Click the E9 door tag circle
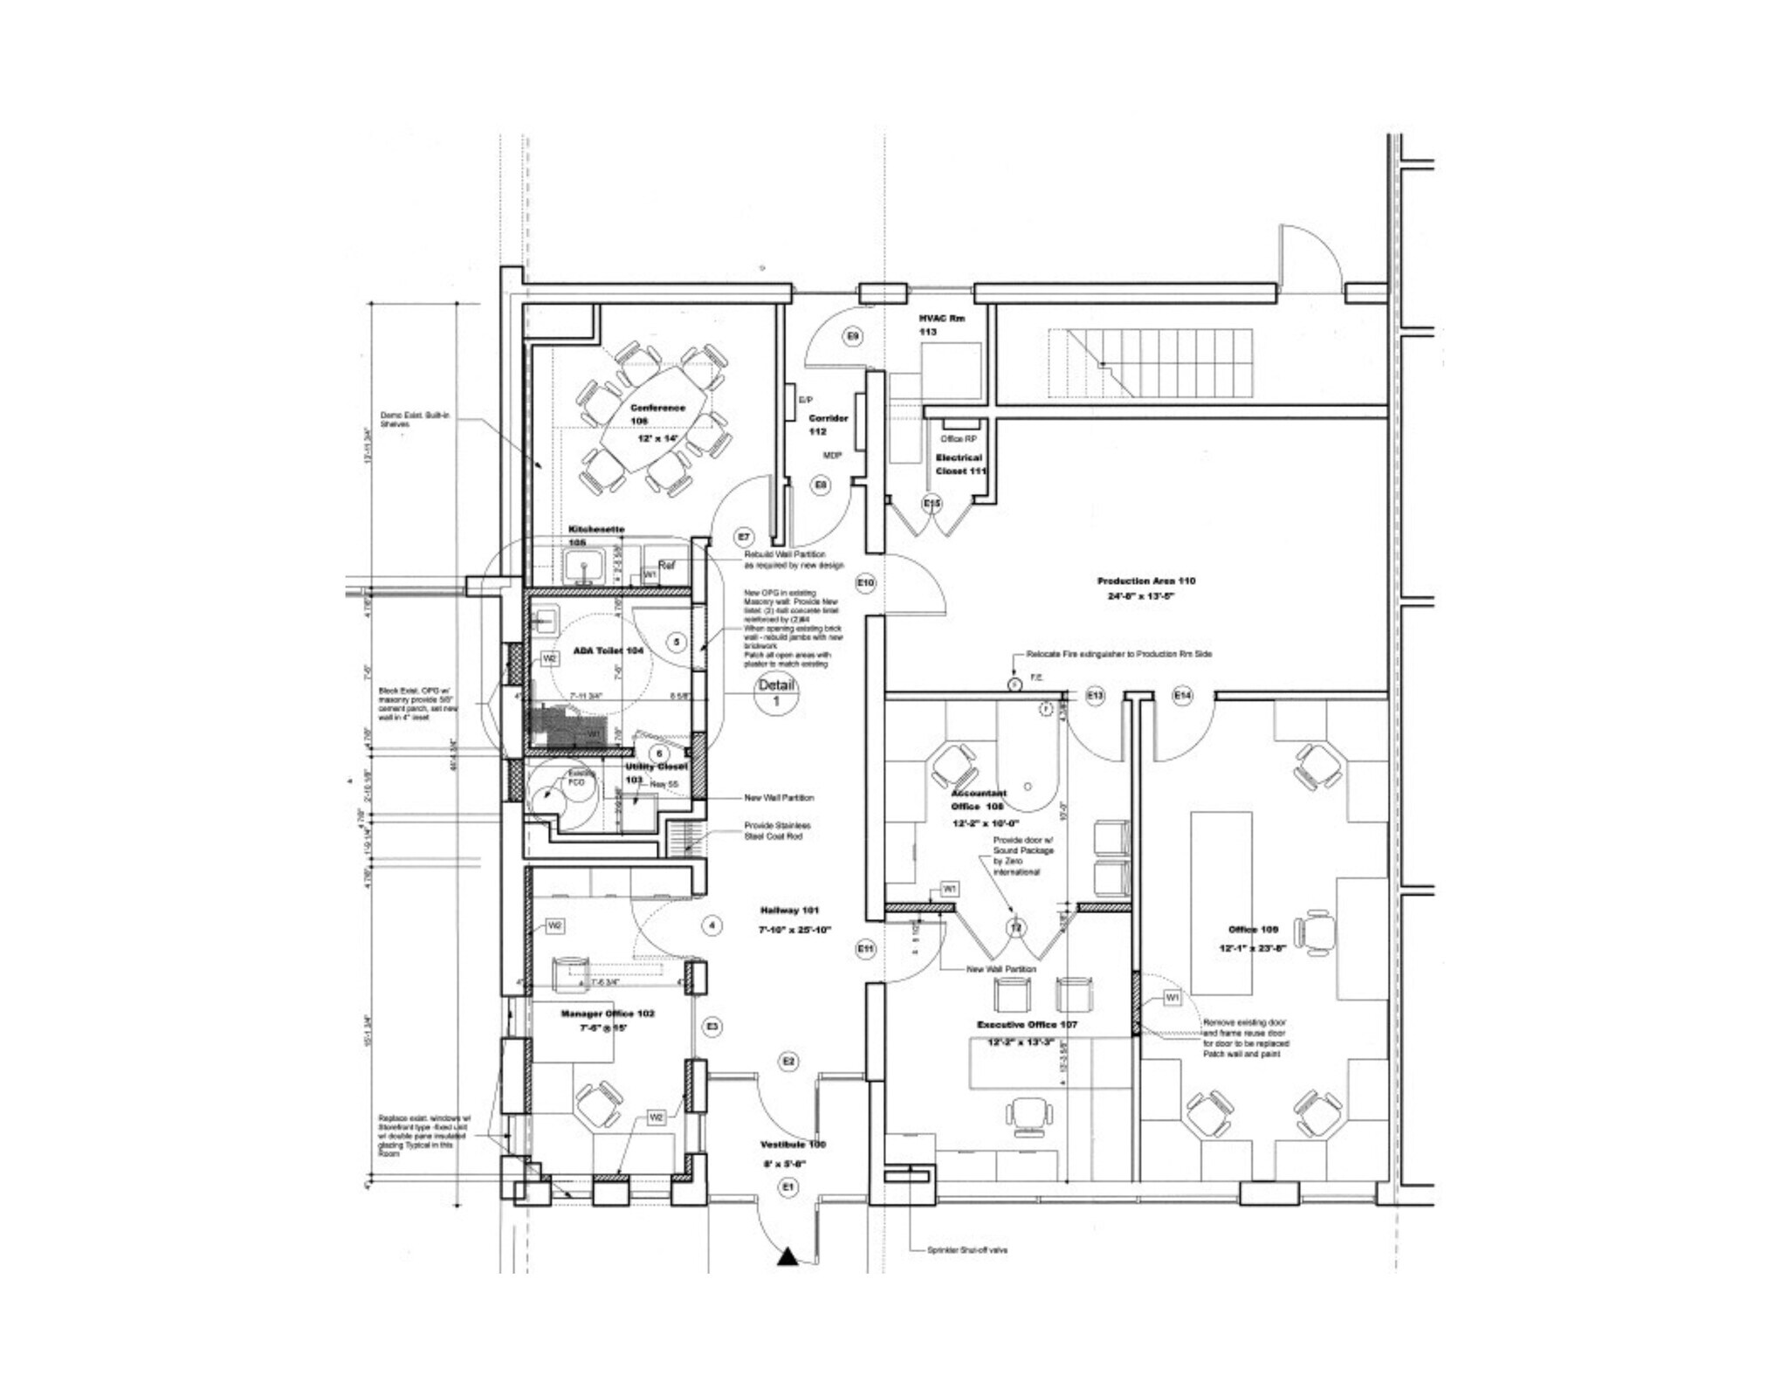coord(853,336)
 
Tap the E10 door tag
coord(865,582)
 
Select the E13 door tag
coord(1095,695)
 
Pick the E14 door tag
coord(1182,695)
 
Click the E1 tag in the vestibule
coord(788,1186)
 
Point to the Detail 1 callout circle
coord(776,693)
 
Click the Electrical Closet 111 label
coord(960,464)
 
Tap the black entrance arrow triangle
coord(787,1257)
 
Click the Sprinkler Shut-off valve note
coord(967,1250)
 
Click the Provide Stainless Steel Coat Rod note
coord(777,830)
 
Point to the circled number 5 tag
coord(676,642)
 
